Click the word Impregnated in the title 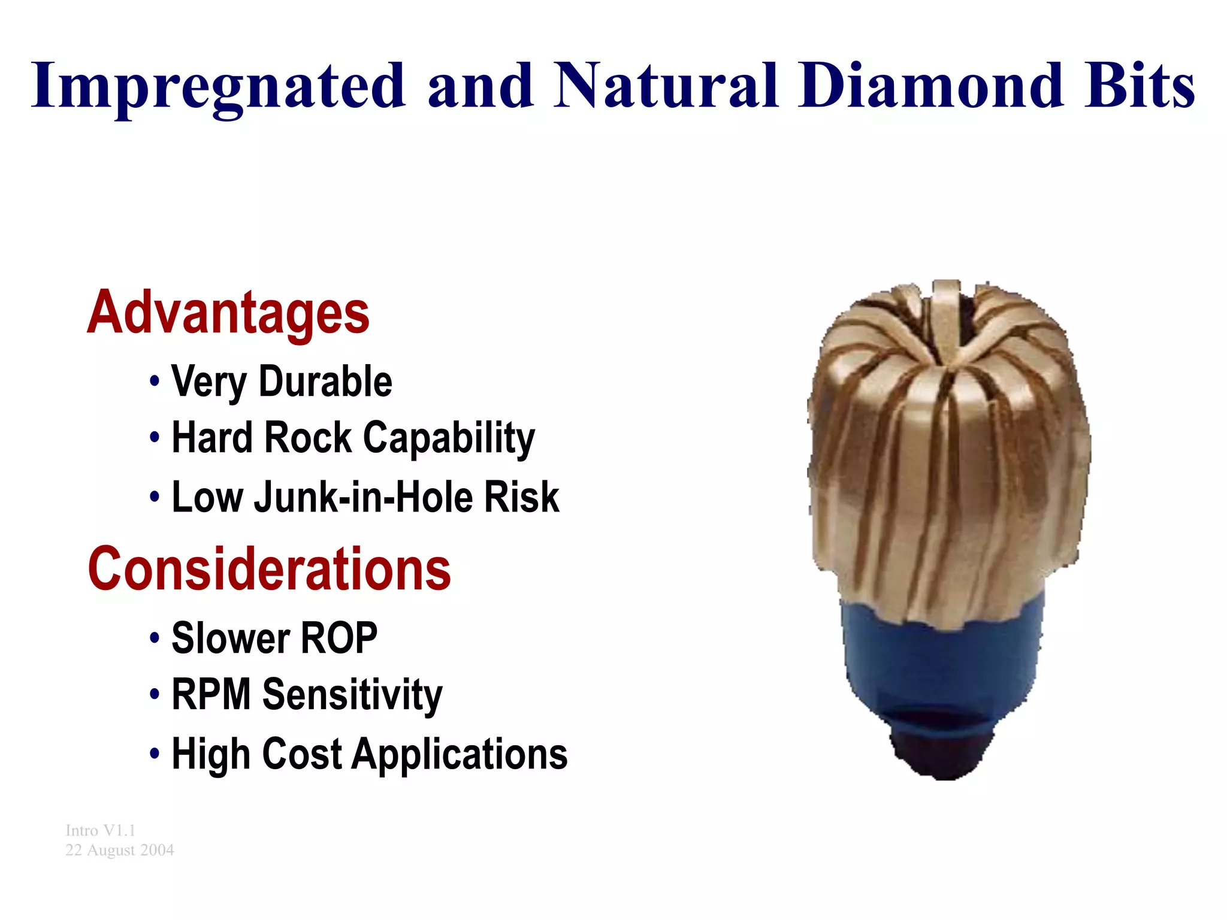[218, 87]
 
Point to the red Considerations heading [269, 570]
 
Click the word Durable [325, 382]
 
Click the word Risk [521, 497]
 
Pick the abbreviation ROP [339, 638]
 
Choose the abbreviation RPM [211, 695]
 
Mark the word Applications [460, 755]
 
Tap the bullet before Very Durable [155, 382]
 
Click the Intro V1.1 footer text [101, 831]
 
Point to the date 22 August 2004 [120, 851]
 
